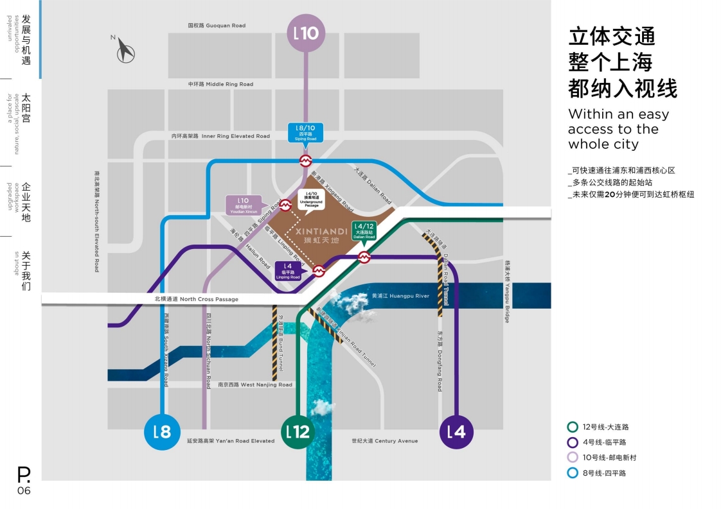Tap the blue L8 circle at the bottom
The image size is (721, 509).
click(x=163, y=431)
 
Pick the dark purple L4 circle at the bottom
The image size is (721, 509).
click(x=457, y=431)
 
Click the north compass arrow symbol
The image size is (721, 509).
click(x=125, y=51)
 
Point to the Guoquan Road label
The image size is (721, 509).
click(x=217, y=26)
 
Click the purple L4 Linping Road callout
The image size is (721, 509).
click(x=288, y=271)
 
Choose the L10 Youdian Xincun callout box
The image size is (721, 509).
click(x=244, y=205)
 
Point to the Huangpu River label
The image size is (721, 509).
click(x=391, y=296)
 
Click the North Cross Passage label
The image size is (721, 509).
click(x=196, y=299)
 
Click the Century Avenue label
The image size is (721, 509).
click(x=384, y=441)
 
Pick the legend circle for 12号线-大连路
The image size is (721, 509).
click(x=572, y=427)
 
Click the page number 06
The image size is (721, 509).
click(x=24, y=491)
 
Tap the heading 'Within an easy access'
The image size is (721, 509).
click(x=618, y=129)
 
